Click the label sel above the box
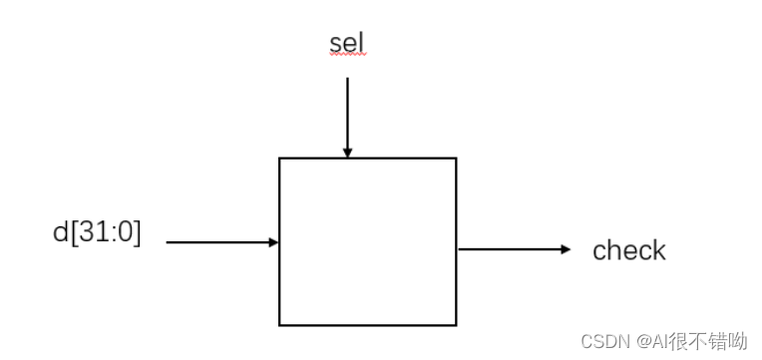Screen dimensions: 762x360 point(347,44)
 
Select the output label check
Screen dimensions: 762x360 point(628,250)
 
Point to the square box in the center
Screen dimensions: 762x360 point(367,241)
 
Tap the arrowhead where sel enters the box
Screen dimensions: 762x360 point(347,153)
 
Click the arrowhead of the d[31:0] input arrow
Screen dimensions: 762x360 point(273,241)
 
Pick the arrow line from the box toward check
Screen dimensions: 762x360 point(509,249)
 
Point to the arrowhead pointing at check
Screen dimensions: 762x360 point(567,249)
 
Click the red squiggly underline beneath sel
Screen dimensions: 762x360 point(347,58)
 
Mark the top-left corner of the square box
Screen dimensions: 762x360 point(279,158)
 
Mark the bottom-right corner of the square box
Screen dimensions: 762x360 point(456,324)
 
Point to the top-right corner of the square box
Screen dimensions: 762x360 point(456,158)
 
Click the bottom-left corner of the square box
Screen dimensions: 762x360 point(279,324)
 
